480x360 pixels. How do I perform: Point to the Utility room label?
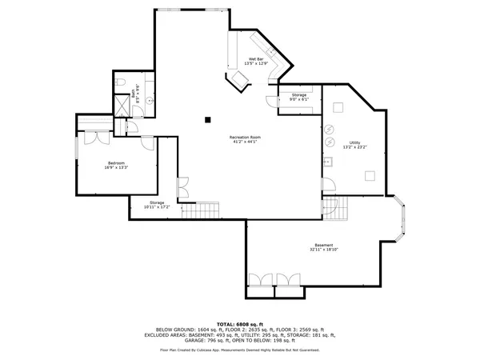pos(354,146)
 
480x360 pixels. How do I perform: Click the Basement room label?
pos(324,247)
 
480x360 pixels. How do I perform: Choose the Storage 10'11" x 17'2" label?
pos(157,206)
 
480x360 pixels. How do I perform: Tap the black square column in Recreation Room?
pos(208,119)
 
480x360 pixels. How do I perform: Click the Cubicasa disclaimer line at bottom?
pos(239,350)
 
